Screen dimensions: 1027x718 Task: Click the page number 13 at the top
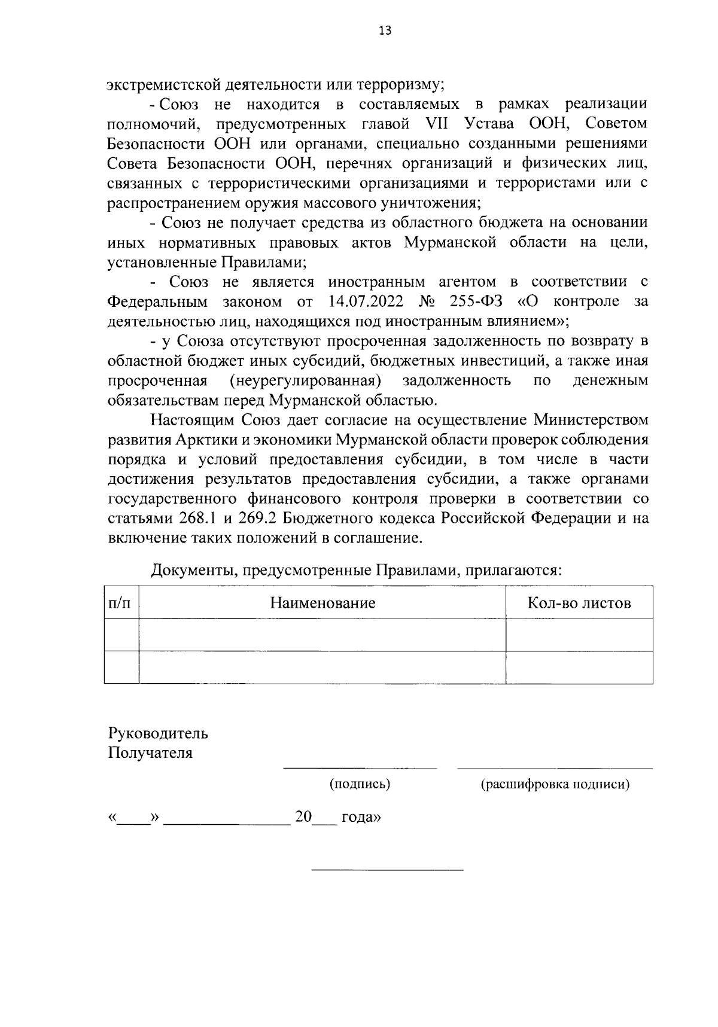click(x=385, y=31)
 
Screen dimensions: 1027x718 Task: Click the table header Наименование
click(x=323, y=602)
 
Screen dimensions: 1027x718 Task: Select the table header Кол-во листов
click(x=579, y=602)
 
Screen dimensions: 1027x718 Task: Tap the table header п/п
click(x=121, y=602)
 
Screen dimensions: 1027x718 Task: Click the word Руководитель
click(x=158, y=733)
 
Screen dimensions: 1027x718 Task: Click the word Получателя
click(x=150, y=752)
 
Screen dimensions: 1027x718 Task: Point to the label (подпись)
click(x=360, y=784)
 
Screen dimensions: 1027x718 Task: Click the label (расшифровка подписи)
click(x=555, y=784)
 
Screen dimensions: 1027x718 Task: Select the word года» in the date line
click(x=361, y=817)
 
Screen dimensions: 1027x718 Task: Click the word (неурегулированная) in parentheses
click(x=305, y=380)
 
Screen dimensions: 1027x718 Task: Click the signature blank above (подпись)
click(x=360, y=767)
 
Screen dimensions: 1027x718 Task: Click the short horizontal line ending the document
click(x=388, y=869)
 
